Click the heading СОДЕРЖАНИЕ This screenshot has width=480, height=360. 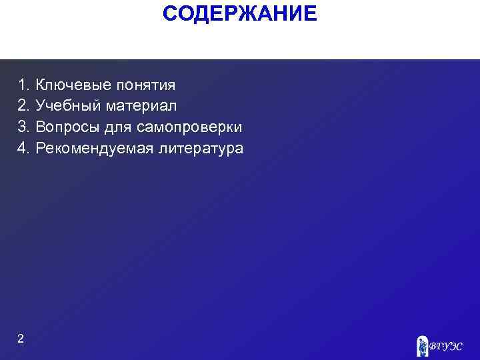click(240, 13)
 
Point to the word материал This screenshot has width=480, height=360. click(139, 106)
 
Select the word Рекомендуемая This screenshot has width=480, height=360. click(95, 148)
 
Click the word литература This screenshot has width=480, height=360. click(201, 148)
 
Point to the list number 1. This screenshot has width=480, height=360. click(23, 85)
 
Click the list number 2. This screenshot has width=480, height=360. click(23, 106)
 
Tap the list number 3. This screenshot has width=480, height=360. click(23, 127)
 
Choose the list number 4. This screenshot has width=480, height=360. click(23, 148)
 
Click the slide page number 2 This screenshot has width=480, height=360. click(21, 339)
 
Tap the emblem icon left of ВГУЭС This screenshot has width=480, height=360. click(422, 345)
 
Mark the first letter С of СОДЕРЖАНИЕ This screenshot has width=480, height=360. click(169, 13)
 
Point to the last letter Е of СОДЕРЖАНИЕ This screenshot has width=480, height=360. click(311, 13)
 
